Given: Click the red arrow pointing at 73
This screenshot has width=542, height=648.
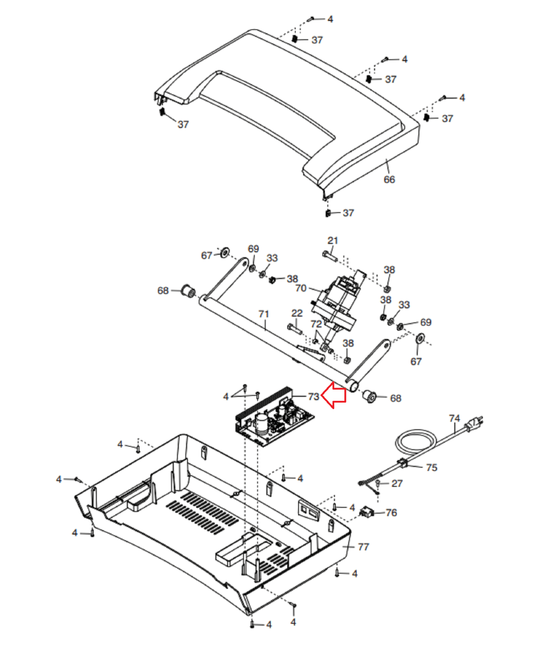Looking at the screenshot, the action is point(334,395).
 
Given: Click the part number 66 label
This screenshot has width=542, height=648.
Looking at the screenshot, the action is point(389,179).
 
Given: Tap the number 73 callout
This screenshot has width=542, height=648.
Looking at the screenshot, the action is point(314,396).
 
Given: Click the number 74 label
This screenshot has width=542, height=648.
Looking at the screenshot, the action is point(455,418).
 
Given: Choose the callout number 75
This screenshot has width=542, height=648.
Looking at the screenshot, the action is point(431,468).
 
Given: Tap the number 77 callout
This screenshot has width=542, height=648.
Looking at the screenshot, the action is point(363,547).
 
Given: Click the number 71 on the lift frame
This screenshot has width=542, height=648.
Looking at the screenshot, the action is point(264,314).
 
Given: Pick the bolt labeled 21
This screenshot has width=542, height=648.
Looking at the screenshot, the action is point(330,256).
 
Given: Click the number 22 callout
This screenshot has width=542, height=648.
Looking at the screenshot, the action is point(297,313).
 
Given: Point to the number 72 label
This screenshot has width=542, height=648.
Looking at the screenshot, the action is point(316,324).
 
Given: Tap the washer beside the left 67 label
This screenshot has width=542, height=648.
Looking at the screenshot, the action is point(224,253).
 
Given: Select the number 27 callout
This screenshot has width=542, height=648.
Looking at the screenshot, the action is point(397,484).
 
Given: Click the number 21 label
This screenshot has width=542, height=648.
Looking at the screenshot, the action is point(333,241).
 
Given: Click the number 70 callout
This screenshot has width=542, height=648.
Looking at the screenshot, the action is point(301,288).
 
